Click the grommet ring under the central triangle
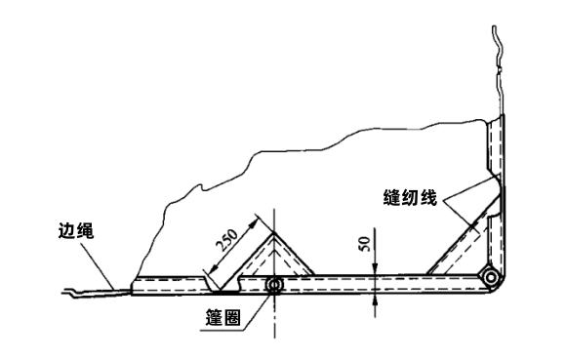tap(274, 286)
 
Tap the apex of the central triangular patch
tap(274, 231)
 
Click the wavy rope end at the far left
tap(78, 291)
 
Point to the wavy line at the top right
tap(498, 59)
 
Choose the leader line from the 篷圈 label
tap(256, 304)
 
